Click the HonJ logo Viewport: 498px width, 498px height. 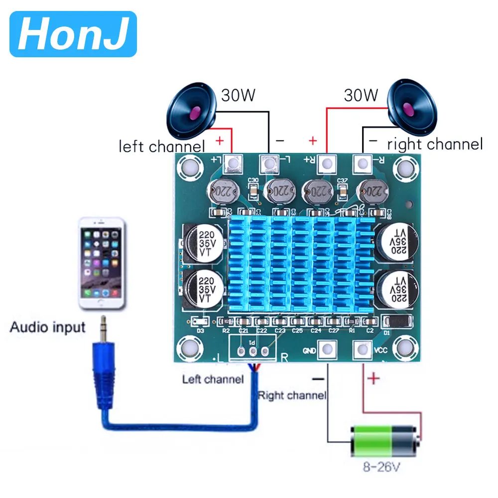coord(73,34)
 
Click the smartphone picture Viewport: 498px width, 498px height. coord(101,263)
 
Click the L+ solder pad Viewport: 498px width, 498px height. coord(233,164)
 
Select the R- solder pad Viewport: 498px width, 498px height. coord(362,164)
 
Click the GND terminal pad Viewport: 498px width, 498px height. coord(327,350)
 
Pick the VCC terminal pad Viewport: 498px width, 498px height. coord(362,350)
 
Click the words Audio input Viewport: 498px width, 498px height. coord(48,327)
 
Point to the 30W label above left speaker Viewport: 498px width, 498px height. coord(238,95)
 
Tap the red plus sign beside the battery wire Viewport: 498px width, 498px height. coord(374,379)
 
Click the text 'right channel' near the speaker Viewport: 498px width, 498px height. coord(435,144)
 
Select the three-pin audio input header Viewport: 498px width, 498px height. coord(252,351)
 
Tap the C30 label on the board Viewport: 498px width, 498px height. coord(253,180)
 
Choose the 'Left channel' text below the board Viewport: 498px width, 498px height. coord(213,379)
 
